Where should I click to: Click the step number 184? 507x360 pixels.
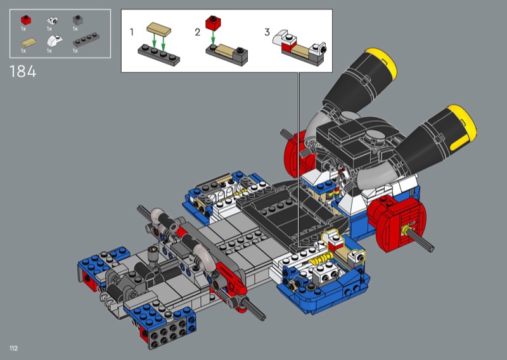click(x=23, y=72)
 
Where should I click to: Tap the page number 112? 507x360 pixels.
click(x=13, y=348)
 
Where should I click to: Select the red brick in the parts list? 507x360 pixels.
click(x=26, y=20)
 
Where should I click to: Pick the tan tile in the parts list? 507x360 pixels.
click(x=29, y=42)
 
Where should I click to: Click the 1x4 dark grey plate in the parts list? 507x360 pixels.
click(x=86, y=40)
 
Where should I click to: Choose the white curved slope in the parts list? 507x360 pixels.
click(x=55, y=41)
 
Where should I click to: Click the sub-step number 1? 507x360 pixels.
click(x=132, y=32)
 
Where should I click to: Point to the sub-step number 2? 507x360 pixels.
click(x=198, y=32)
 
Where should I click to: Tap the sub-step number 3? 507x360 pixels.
click(x=267, y=32)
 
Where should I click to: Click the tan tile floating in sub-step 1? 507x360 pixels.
click(x=159, y=29)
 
